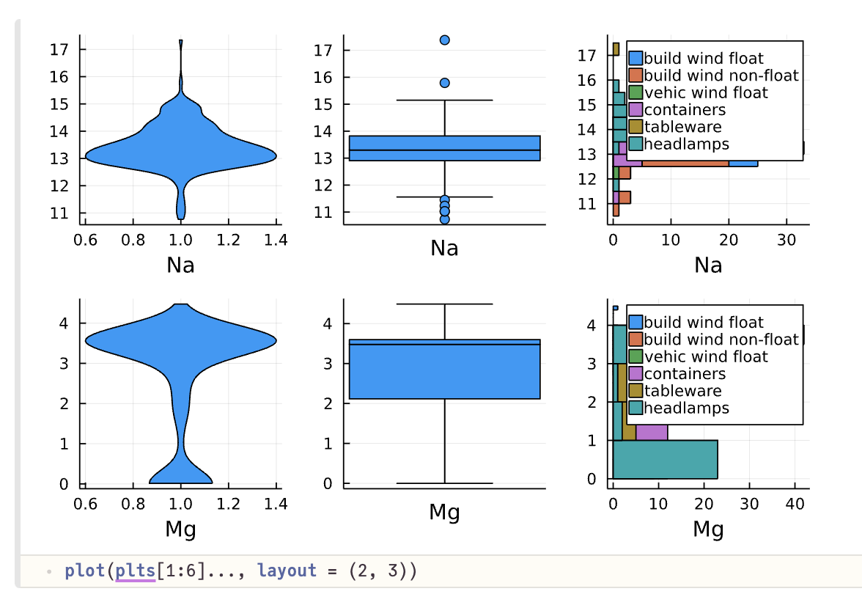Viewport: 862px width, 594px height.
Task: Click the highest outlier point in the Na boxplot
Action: [444, 40]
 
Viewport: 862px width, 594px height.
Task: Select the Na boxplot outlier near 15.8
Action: [444, 83]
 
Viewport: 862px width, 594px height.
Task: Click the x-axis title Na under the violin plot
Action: [180, 265]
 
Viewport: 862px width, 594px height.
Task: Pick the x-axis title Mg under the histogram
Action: [708, 529]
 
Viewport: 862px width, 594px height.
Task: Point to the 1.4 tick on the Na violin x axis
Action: [276, 239]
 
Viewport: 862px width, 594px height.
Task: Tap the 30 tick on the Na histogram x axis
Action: [786, 239]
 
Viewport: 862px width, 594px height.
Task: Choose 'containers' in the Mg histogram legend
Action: [685, 374]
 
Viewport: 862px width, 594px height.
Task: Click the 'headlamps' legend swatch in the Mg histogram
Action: [636, 408]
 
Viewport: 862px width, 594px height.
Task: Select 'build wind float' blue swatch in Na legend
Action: [636, 58]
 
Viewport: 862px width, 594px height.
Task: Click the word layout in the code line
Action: [287, 571]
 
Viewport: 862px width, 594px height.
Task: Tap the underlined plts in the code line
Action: [135, 571]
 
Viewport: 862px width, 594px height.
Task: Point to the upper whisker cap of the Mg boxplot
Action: [444, 304]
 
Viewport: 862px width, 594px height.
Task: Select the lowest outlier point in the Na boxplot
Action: [444, 219]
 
